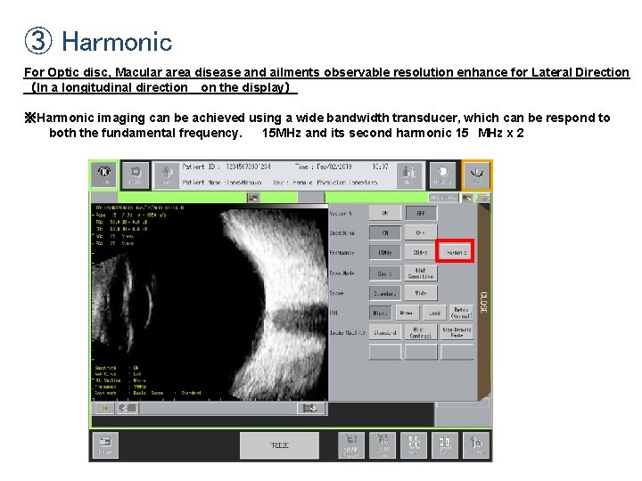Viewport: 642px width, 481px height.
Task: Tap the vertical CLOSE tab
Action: coord(483,304)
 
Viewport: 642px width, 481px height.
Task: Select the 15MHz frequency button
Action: coord(385,253)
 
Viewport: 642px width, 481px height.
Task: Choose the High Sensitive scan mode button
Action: coord(420,273)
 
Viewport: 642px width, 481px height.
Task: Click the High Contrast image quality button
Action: coord(420,332)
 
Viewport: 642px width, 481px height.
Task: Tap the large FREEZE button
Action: coord(279,444)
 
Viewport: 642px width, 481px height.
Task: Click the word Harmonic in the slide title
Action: coord(117,41)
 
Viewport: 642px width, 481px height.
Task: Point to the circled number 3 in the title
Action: coord(38,41)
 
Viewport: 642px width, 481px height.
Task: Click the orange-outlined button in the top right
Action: coord(476,175)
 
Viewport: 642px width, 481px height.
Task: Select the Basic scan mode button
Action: coord(385,273)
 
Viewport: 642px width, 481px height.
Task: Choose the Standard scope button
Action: coord(385,292)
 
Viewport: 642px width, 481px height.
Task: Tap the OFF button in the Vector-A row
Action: coord(420,214)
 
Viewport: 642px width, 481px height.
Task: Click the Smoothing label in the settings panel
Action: coord(342,233)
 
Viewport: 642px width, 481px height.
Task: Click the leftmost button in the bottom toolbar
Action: coord(104,444)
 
